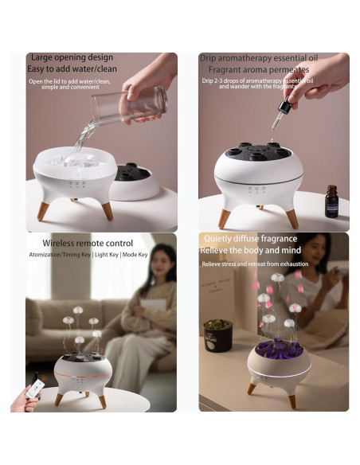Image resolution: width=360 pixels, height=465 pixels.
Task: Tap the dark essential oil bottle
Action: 331,201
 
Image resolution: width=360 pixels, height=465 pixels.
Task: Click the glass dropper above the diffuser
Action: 278,118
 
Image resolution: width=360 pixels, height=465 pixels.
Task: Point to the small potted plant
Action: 217,335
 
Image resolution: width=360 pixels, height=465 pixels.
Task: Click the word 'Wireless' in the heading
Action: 64,242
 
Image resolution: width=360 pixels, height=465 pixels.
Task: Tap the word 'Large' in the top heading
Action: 41,57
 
